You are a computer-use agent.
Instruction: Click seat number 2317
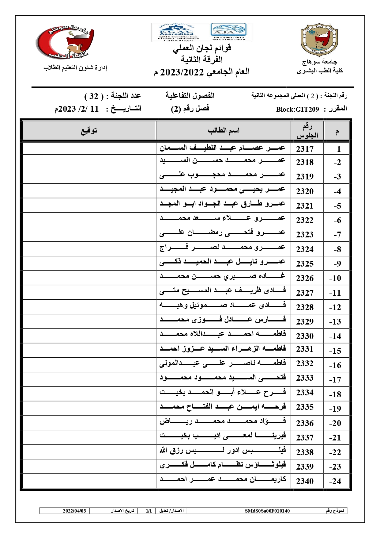(305, 149)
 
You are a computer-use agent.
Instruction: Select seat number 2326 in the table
(305, 278)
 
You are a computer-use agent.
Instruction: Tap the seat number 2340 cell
(305, 481)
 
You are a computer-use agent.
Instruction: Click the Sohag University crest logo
(319, 40)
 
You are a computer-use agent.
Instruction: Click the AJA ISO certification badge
(228, 32)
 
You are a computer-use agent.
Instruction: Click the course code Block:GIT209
(297, 110)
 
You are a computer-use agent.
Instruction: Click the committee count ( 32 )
(93, 96)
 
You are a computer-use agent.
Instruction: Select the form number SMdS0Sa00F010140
(267, 511)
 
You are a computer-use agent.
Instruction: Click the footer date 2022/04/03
(74, 511)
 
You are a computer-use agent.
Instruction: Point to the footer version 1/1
(149, 511)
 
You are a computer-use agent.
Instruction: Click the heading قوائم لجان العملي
(202, 48)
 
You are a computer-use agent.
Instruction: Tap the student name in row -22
(223, 451)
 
